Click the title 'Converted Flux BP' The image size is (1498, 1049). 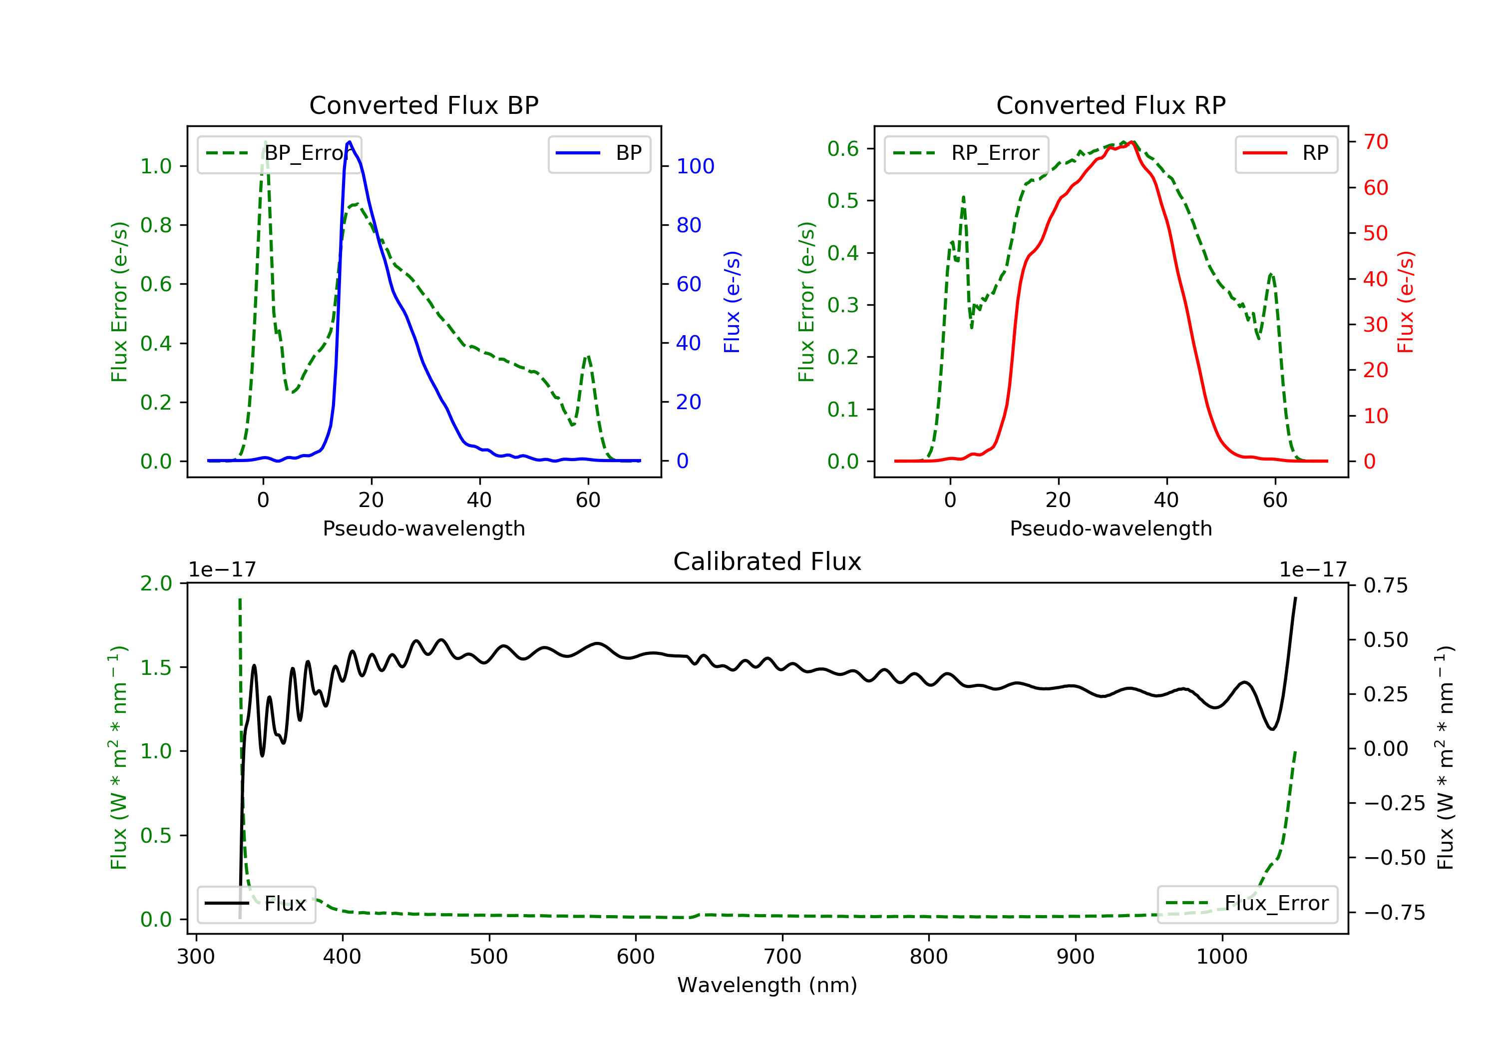pos(423,105)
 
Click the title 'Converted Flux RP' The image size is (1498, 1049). pos(1111,105)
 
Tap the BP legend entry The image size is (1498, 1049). pos(599,153)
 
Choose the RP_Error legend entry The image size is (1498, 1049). pos(966,153)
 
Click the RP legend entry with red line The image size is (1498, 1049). pos(1286,153)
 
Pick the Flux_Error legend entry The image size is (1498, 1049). pos(1247,904)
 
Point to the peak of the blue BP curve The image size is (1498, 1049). pos(350,142)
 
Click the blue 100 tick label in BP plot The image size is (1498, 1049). pos(695,166)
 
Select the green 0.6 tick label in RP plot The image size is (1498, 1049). pos(842,149)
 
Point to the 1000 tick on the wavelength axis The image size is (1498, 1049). pos(1221,957)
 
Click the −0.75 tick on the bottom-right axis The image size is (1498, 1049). pos(1394,913)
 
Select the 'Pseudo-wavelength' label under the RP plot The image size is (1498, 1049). pos(1111,528)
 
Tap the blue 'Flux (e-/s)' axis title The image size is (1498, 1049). pos(732,302)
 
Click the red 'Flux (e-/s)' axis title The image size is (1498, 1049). pos(1405,302)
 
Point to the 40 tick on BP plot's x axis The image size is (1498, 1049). pos(479,500)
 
